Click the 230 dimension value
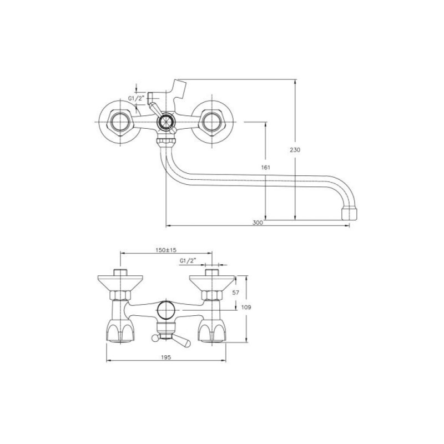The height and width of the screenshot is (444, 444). tap(295, 150)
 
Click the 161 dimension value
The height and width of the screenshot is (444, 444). tap(266, 168)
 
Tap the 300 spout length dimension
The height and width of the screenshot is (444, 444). tap(258, 223)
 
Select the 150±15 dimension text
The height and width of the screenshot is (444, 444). tap(166, 250)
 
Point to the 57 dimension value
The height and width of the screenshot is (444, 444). tap(235, 292)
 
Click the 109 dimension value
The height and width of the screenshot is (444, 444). tap(246, 307)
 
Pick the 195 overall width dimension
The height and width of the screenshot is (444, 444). tap(166, 357)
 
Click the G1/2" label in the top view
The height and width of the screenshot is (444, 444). tap(137, 98)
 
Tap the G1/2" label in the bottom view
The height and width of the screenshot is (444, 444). tap(188, 261)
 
